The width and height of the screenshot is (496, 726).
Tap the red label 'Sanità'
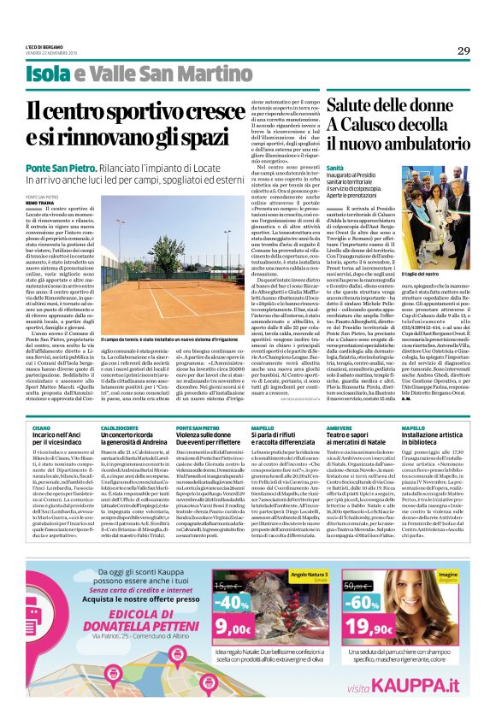point(335,168)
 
